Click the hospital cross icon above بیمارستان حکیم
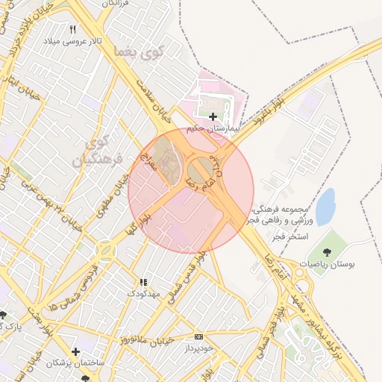coord(213,116)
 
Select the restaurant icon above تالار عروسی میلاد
coord(72,29)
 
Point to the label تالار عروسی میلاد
coord(72,40)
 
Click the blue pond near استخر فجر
coord(325,207)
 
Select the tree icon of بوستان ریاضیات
coord(328,251)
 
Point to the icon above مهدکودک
coord(143,283)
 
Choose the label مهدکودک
coord(143,294)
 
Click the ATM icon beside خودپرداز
coord(197,336)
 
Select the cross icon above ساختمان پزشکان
coord(75,351)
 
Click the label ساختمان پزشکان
coord(73,363)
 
